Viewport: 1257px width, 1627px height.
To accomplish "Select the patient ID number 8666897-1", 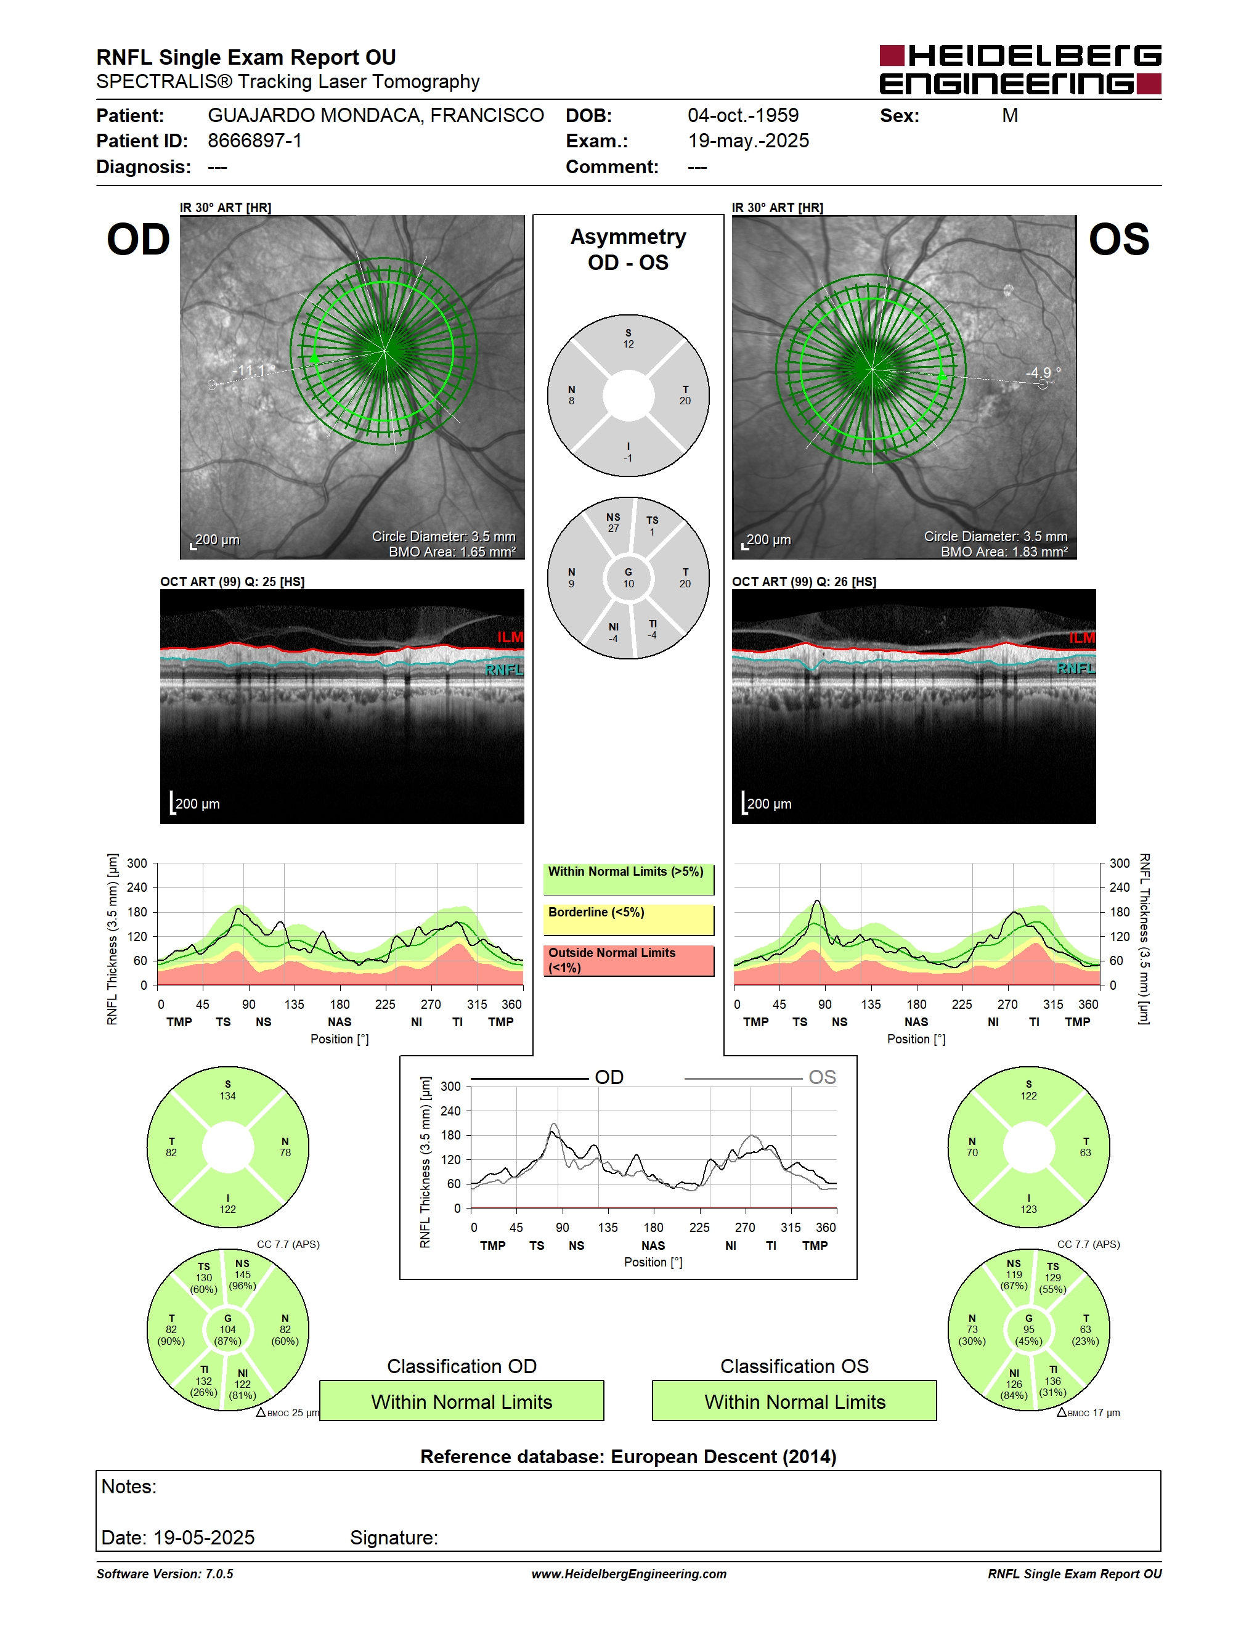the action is pyautogui.click(x=254, y=141).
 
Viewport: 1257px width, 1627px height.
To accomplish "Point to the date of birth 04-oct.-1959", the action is pyautogui.click(x=742, y=115).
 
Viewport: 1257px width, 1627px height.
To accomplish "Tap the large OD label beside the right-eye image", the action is pyautogui.click(x=139, y=240).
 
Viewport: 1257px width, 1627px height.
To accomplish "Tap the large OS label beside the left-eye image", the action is pyautogui.click(x=1118, y=240).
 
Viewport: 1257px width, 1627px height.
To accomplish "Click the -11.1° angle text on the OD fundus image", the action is pyautogui.click(x=253, y=370).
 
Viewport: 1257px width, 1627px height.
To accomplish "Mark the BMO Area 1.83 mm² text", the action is pyautogui.click(x=1004, y=552).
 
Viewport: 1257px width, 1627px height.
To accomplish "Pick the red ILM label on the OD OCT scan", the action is pyautogui.click(x=510, y=637).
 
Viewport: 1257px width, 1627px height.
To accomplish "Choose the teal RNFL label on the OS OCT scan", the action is pyautogui.click(x=1076, y=668).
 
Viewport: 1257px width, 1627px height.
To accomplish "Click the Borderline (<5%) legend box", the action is pyautogui.click(x=628, y=920).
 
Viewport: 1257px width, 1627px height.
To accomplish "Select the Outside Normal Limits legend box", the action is pyautogui.click(x=628, y=960).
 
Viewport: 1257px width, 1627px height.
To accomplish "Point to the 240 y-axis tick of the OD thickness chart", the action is pyautogui.click(x=137, y=887).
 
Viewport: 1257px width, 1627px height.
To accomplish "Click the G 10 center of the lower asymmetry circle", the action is pyautogui.click(x=628, y=578).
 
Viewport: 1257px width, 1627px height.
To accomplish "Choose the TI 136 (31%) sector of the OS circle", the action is pyautogui.click(x=1053, y=1381).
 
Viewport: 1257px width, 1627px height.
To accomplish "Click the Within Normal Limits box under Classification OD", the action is pyautogui.click(x=462, y=1401).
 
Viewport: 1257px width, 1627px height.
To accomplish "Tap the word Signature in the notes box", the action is pyautogui.click(x=394, y=1538).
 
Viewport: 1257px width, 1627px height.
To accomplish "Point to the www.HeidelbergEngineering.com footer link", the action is pyautogui.click(x=628, y=1574).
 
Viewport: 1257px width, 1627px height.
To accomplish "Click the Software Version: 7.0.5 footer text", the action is pyautogui.click(x=165, y=1574).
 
